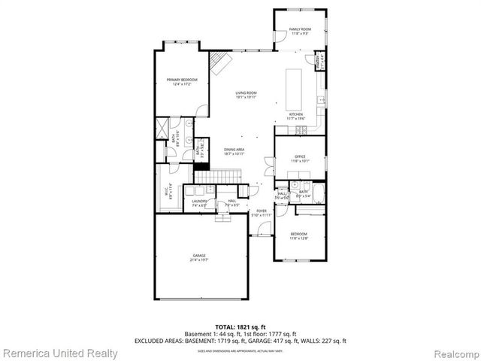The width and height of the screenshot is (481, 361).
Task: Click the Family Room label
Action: point(300,32)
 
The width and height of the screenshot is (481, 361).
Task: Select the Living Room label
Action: point(246,94)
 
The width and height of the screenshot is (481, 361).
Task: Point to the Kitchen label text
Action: point(295,116)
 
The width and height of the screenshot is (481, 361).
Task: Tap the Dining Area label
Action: point(234,151)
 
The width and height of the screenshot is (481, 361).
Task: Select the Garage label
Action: point(199,257)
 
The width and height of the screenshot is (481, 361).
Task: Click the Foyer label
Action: point(262,212)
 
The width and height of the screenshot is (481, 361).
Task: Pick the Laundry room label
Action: point(199,203)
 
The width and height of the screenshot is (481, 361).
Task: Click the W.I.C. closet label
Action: point(170,190)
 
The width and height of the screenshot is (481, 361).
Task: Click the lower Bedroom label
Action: point(298,235)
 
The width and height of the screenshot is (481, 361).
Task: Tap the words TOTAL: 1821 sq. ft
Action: point(240,327)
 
